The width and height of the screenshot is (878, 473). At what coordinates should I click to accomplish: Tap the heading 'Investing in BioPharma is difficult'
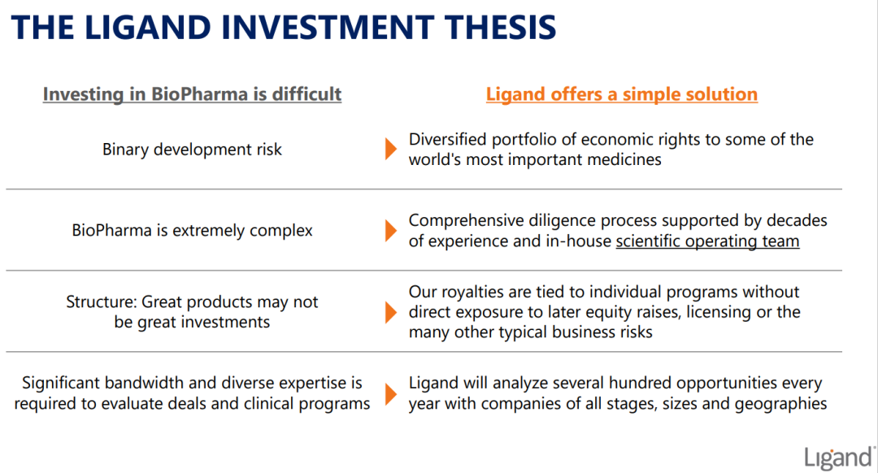(x=192, y=94)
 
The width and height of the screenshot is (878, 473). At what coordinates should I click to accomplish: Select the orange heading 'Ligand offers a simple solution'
(x=622, y=94)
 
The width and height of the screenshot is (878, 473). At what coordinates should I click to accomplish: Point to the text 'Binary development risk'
(x=192, y=150)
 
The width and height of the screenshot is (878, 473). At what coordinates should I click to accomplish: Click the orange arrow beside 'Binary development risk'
(x=391, y=150)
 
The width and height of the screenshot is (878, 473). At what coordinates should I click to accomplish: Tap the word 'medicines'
(x=624, y=159)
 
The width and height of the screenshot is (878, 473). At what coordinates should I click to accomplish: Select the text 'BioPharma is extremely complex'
(x=192, y=231)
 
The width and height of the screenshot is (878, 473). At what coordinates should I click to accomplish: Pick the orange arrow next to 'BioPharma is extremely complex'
(x=391, y=231)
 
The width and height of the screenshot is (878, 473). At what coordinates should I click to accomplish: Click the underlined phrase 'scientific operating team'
(x=708, y=241)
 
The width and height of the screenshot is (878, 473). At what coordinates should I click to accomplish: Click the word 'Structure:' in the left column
(x=102, y=302)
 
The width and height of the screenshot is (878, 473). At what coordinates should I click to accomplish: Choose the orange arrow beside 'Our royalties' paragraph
(x=391, y=312)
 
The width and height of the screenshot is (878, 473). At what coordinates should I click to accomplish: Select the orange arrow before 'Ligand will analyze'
(x=391, y=393)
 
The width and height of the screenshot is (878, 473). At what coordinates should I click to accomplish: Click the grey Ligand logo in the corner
(x=839, y=458)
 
